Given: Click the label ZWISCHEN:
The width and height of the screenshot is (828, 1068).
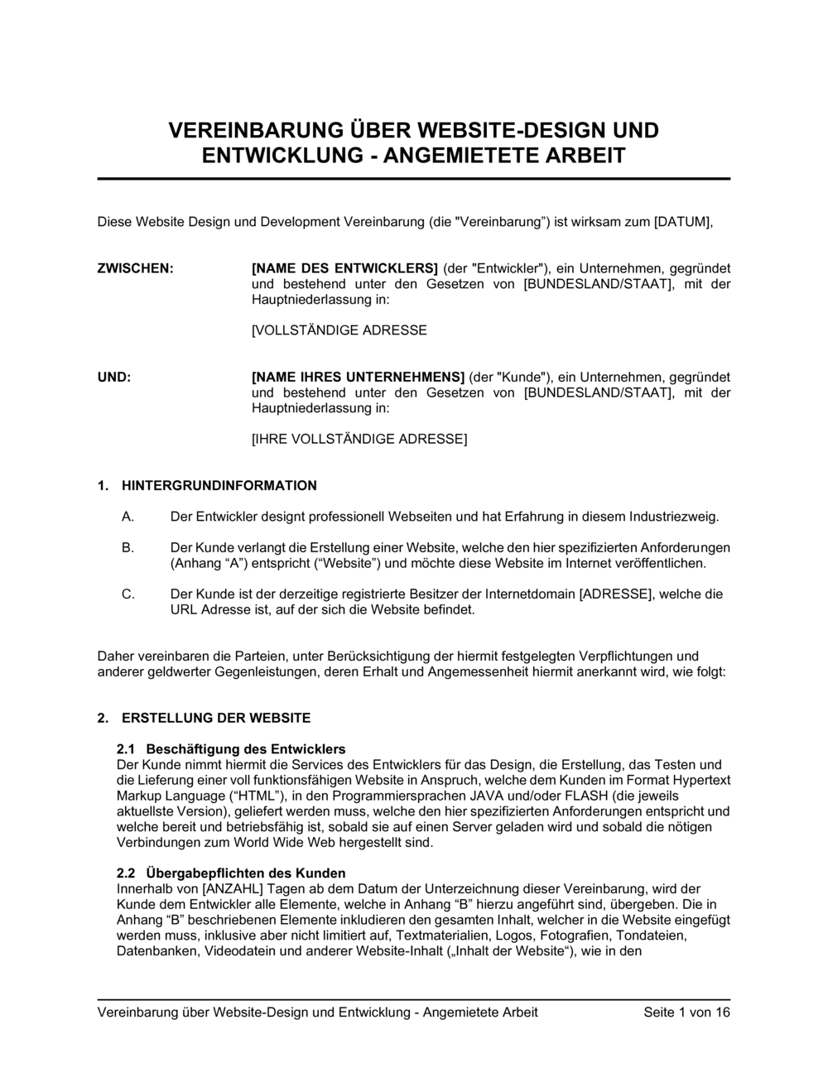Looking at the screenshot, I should pyautogui.click(x=136, y=268).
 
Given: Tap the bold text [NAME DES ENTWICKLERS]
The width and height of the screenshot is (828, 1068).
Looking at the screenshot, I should pyautogui.click(x=344, y=268).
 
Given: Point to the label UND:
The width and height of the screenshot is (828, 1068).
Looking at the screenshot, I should pyautogui.click(x=114, y=377).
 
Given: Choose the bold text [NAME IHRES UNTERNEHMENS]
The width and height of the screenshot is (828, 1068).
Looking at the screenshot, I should pyautogui.click(x=358, y=377).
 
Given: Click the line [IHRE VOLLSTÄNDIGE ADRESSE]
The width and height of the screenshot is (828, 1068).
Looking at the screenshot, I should pyautogui.click(x=359, y=439).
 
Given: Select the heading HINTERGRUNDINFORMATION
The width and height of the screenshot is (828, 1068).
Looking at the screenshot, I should pyautogui.click(x=219, y=485).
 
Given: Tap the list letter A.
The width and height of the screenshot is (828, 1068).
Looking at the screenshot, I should pyautogui.click(x=128, y=517).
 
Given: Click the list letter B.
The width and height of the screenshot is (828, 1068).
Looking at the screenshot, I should pyautogui.click(x=128, y=547).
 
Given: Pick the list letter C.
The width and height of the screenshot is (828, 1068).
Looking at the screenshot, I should pyautogui.click(x=128, y=594).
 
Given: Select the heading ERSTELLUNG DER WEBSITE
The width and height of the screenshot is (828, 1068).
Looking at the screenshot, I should pyautogui.click(x=216, y=718).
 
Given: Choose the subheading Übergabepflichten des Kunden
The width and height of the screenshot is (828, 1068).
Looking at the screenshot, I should pyautogui.click(x=246, y=873).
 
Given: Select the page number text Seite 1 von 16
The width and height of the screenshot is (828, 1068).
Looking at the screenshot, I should pyautogui.click(x=686, y=1012).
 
